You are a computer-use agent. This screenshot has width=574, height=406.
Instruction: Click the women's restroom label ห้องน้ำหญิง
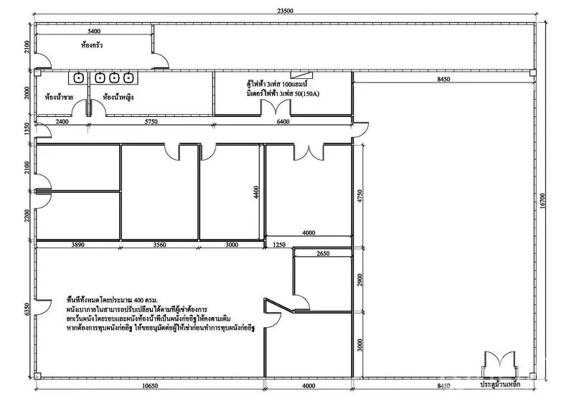(x=120, y=96)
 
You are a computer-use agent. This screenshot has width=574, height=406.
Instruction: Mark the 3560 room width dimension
(x=160, y=245)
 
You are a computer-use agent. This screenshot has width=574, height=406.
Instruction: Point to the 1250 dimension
(x=279, y=245)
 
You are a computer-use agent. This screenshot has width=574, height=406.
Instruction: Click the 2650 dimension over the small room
(x=322, y=253)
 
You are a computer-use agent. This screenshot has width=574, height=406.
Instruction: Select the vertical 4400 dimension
(x=255, y=192)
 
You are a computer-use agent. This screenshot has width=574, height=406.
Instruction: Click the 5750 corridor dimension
(x=151, y=122)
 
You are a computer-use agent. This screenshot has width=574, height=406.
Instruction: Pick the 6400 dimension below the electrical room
(x=283, y=122)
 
